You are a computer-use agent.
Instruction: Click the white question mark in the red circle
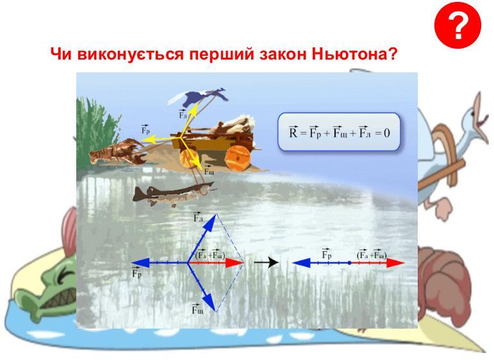point(458,26)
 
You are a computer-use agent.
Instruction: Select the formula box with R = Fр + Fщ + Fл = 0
point(339,133)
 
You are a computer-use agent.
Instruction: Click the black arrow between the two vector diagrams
point(266,262)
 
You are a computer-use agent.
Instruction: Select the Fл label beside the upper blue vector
point(198,217)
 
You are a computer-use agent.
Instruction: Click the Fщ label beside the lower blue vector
point(197,309)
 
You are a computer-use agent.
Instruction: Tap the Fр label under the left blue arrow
point(136,273)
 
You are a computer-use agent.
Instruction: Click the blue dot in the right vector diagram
point(349,263)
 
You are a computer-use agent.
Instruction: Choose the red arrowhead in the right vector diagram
point(395,263)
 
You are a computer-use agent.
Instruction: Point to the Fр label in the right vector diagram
point(327,254)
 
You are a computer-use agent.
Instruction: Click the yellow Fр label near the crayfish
point(145,130)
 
